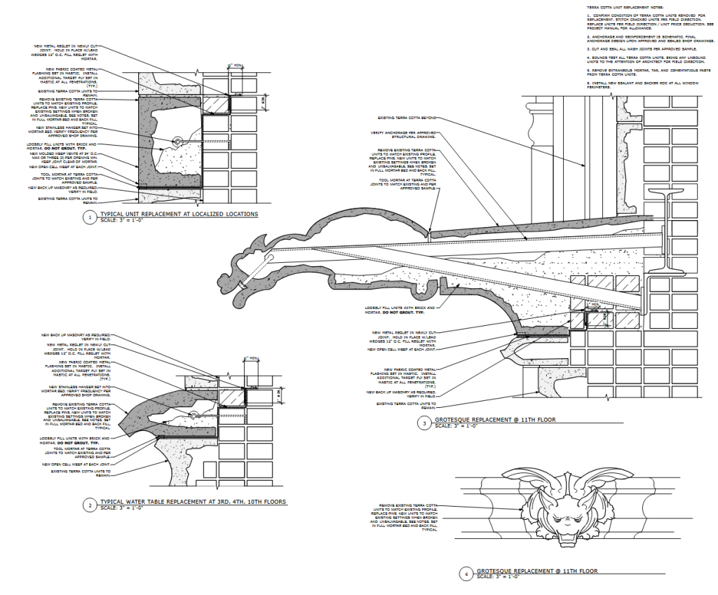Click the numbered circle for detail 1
(89, 217)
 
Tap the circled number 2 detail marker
(89, 505)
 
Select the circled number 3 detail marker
(424, 423)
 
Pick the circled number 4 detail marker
(465, 574)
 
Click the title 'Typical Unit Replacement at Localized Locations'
(179, 214)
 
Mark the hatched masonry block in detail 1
(215, 104)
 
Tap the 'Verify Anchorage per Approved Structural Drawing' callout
(405, 135)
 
